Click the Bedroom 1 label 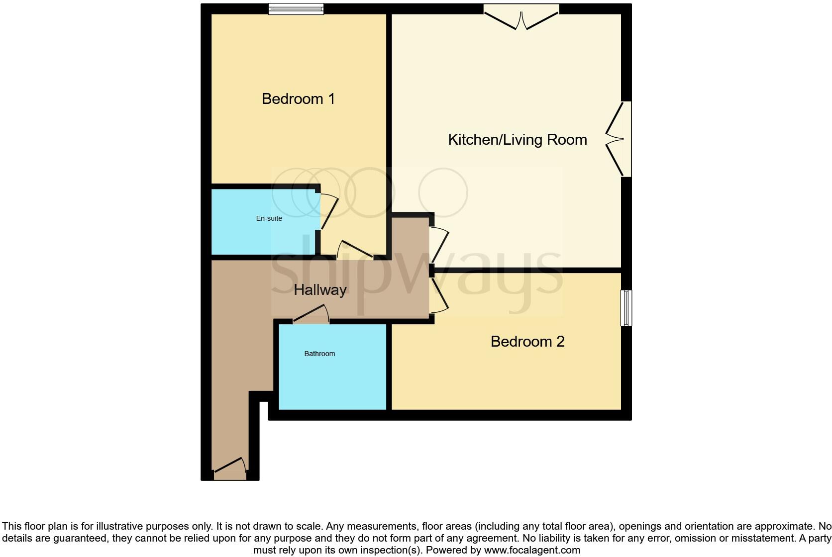click(298, 99)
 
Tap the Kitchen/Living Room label click(517, 140)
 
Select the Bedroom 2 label click(527, 342)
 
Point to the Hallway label click(320, 290)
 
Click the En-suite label click(269, 218)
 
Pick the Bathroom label click(319, 354)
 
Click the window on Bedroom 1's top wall click(296, 8)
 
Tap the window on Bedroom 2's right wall click(626, 308)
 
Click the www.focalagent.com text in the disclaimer click(532, 550)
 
